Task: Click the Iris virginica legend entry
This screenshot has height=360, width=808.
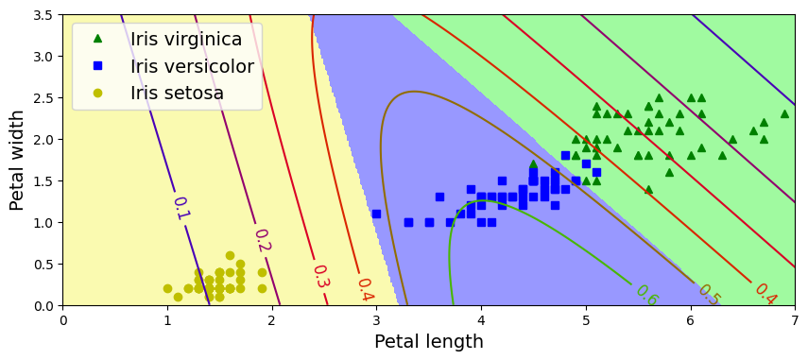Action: coord(186,40)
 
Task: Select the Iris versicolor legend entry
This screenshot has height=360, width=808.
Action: coord(192,66)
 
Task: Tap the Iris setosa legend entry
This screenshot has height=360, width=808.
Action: coord(177,93)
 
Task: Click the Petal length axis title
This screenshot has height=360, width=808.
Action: coord(428,342)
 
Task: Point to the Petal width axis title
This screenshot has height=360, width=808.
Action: coord(17,161)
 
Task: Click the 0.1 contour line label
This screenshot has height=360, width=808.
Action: coord(180,208)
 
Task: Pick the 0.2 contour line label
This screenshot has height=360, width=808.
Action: coord(262,241)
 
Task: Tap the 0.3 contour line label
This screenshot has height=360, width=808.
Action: coord(320,276)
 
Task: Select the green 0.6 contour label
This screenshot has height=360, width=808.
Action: coord(646,295)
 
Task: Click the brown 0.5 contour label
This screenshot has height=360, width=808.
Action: coord(709,295)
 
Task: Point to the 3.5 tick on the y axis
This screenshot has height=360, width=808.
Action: coord(42,15)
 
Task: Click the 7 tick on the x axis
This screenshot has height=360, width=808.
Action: coord(795,319)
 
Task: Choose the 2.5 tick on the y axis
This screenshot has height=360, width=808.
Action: coord(42,98)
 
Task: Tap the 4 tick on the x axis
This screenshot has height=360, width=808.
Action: coord(481,319)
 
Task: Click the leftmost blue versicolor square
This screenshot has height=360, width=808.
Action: coord(376,214)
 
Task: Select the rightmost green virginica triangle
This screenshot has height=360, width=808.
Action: coord(784,113)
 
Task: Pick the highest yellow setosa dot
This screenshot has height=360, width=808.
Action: coord(230,255)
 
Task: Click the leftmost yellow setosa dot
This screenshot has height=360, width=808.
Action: coord(167,288)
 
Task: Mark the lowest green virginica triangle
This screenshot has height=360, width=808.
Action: coord(648,189)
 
